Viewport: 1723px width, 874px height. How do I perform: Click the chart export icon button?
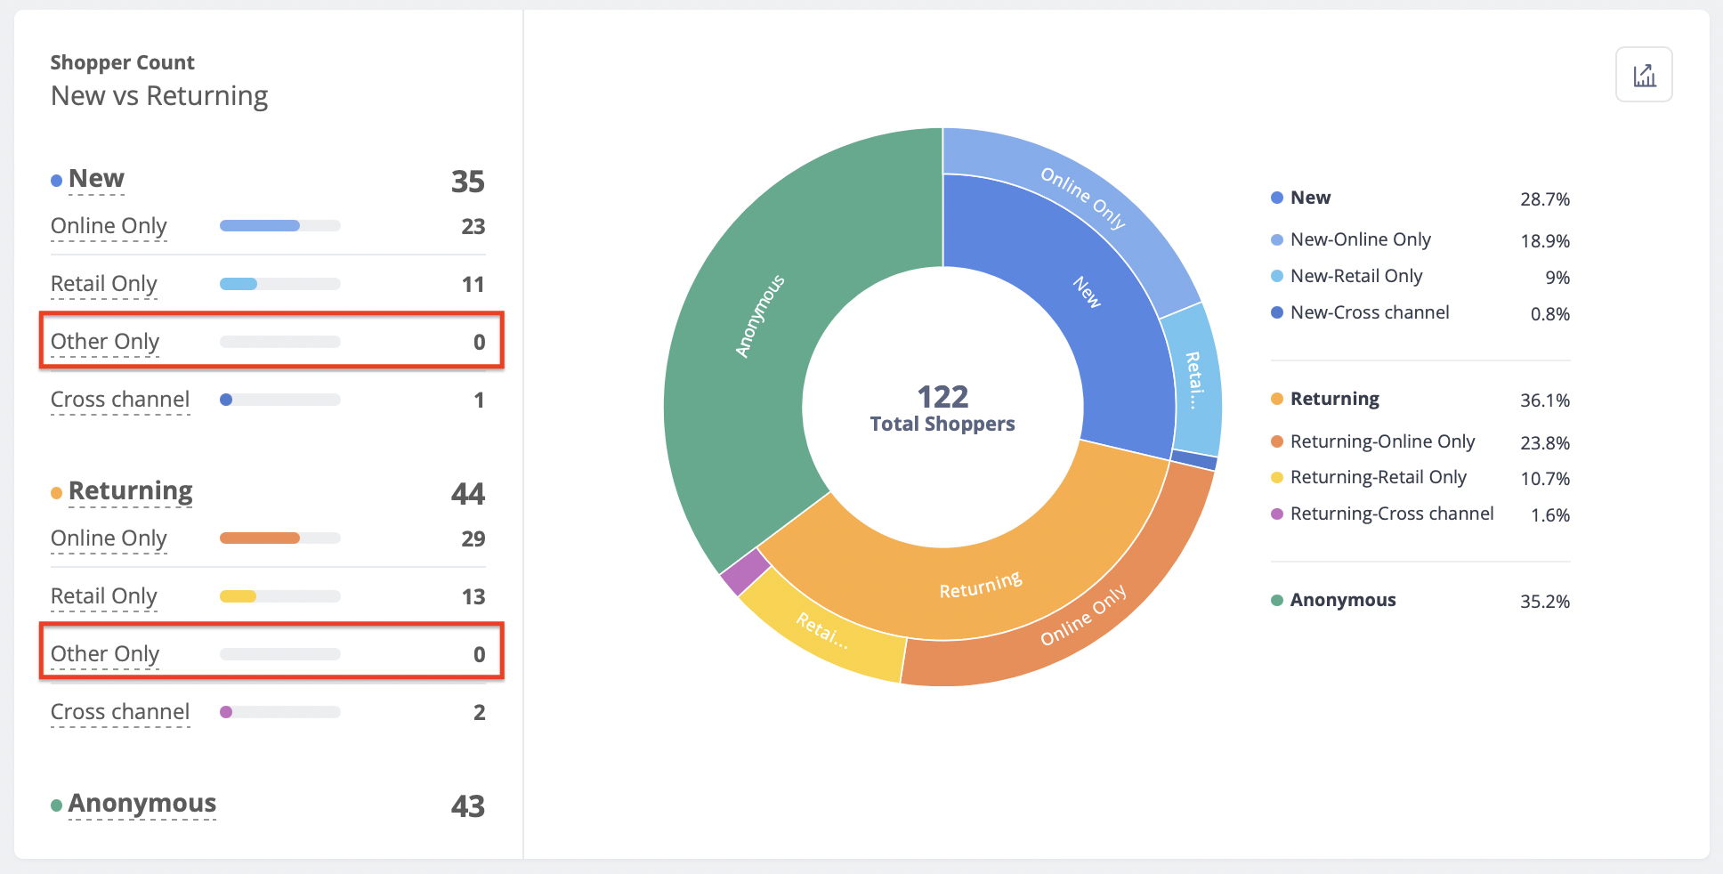(1644, 75)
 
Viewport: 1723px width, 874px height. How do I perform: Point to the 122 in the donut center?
(942, 396)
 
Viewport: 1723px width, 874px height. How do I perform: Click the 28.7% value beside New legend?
(1544, 199)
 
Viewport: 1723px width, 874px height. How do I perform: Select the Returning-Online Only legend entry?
(1381, 441)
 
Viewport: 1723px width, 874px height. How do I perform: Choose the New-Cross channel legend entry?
(1369, 312)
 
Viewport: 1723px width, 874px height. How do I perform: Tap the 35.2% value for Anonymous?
(1544, 602)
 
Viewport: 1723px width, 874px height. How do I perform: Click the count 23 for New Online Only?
(473, 227)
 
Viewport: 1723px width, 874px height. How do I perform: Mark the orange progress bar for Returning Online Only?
(260, 538)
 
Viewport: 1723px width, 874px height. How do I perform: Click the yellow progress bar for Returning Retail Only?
(239, 596)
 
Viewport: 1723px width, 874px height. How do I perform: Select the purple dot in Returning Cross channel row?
(226, 712)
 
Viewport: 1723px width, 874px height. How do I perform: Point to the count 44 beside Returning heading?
(467, 494)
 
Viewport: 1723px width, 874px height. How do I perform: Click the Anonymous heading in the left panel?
(142, 803)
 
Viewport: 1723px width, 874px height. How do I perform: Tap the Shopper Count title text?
(122, 62)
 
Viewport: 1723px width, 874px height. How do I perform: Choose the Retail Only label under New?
(104, 284)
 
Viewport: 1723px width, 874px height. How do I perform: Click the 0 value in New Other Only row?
(479, 343)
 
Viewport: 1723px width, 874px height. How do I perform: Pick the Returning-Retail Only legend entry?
(1378, 477)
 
